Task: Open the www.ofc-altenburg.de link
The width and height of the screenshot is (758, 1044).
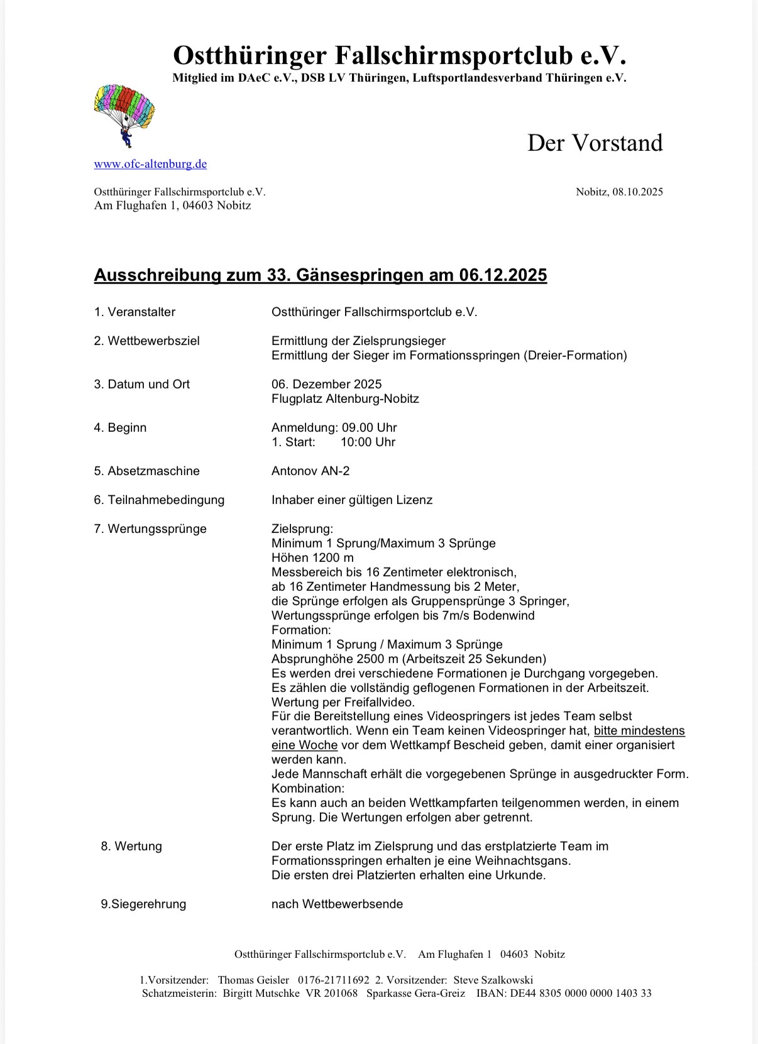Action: pyautogui.click(x=150, y=164)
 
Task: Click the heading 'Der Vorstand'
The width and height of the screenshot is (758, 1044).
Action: pyautogui.click(x=595, y=143)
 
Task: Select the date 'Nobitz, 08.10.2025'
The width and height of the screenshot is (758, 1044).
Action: pyautogui.click(x=619, y=192)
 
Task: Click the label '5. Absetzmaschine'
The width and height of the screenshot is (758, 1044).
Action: pyautogui.click(x=147, y=471)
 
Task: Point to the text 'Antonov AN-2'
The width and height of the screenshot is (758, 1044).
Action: pyautogui.click(x=310, y=471)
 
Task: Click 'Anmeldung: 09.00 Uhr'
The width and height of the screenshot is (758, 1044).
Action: pyautogui.click(x=334, y=427)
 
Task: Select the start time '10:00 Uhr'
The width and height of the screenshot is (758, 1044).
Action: pyautogui.click(x=368, y=442)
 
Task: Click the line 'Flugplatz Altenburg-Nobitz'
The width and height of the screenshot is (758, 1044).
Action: pyautogui.click(x=345, y=398)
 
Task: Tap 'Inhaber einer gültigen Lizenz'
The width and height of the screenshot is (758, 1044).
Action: pyautogui.click(x=352, y=500)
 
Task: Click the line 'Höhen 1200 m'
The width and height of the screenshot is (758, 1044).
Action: pyautogui.click(x=312, y=558)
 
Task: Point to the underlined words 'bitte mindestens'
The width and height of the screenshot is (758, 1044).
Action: pyautogui.click(x=639, y=730)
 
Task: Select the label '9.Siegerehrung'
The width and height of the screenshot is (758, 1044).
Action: pyautogui.click(x=143, y=904)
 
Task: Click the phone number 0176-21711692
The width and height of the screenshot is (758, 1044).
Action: pyautogui.click(x=334, y=980)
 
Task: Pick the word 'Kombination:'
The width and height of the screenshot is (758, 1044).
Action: pyautogui.click(x=308, y=788)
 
